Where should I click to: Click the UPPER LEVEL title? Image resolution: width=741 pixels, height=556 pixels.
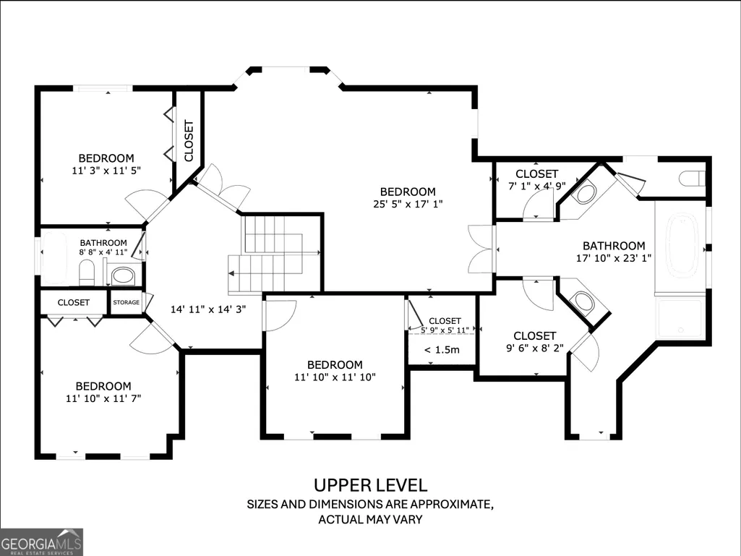(370, 485)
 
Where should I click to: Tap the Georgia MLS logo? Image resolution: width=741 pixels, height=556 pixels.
(41, 542)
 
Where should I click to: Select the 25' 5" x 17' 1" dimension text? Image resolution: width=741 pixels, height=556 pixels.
(407, 204)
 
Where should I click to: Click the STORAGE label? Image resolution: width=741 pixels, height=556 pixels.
(127, 303)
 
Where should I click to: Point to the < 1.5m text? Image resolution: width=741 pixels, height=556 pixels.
(442, 350)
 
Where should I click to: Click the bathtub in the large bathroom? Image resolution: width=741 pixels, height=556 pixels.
(682, 244)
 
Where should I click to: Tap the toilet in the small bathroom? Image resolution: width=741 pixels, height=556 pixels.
(87, 273)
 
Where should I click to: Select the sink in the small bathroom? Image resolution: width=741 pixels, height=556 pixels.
(123, 275)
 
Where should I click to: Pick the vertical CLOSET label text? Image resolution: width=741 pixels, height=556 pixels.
(189, 141)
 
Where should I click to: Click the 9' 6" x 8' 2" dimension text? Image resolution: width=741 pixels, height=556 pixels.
(534, 348)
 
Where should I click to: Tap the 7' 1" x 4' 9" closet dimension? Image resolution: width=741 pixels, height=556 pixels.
(537, 187)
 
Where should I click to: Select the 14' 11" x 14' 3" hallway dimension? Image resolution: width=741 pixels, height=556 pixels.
(208, 309)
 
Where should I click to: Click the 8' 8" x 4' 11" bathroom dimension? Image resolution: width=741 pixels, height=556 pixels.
(103, 252)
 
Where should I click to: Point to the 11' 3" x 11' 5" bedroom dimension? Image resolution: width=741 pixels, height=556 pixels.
(106, 171)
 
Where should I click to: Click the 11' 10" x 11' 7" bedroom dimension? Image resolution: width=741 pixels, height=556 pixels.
(103, 398)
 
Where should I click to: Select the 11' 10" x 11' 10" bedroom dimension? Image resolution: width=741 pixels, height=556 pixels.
(335, 377)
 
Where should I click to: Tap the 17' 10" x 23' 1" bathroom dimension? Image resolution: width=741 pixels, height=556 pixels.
(614, 258)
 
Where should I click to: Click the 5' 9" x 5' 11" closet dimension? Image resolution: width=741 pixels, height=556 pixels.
(445, 330)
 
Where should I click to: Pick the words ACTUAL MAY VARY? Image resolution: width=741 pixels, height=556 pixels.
(370, 519)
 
